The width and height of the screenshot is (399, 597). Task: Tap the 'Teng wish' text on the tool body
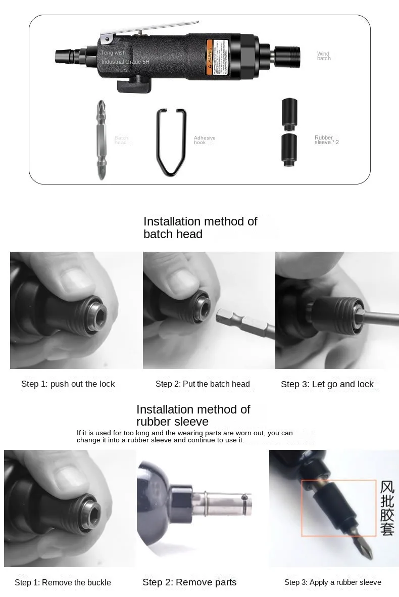point(113,53)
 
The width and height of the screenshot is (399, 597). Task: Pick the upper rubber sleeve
point(289,114)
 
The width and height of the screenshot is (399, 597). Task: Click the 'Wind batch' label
point(324,56)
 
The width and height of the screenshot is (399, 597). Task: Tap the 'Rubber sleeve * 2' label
point(326,140)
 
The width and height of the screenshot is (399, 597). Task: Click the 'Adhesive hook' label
point(205,140)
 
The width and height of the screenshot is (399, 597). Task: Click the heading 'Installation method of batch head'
point(200,227)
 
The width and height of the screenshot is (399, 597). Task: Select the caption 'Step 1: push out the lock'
point(68,384)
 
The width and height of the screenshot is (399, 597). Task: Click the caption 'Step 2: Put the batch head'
point(203,384)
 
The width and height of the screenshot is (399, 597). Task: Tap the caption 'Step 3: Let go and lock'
point(327,385)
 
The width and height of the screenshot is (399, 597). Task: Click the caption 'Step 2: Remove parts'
point(189,582)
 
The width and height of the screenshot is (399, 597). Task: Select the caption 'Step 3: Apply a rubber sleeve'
point(332,582)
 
